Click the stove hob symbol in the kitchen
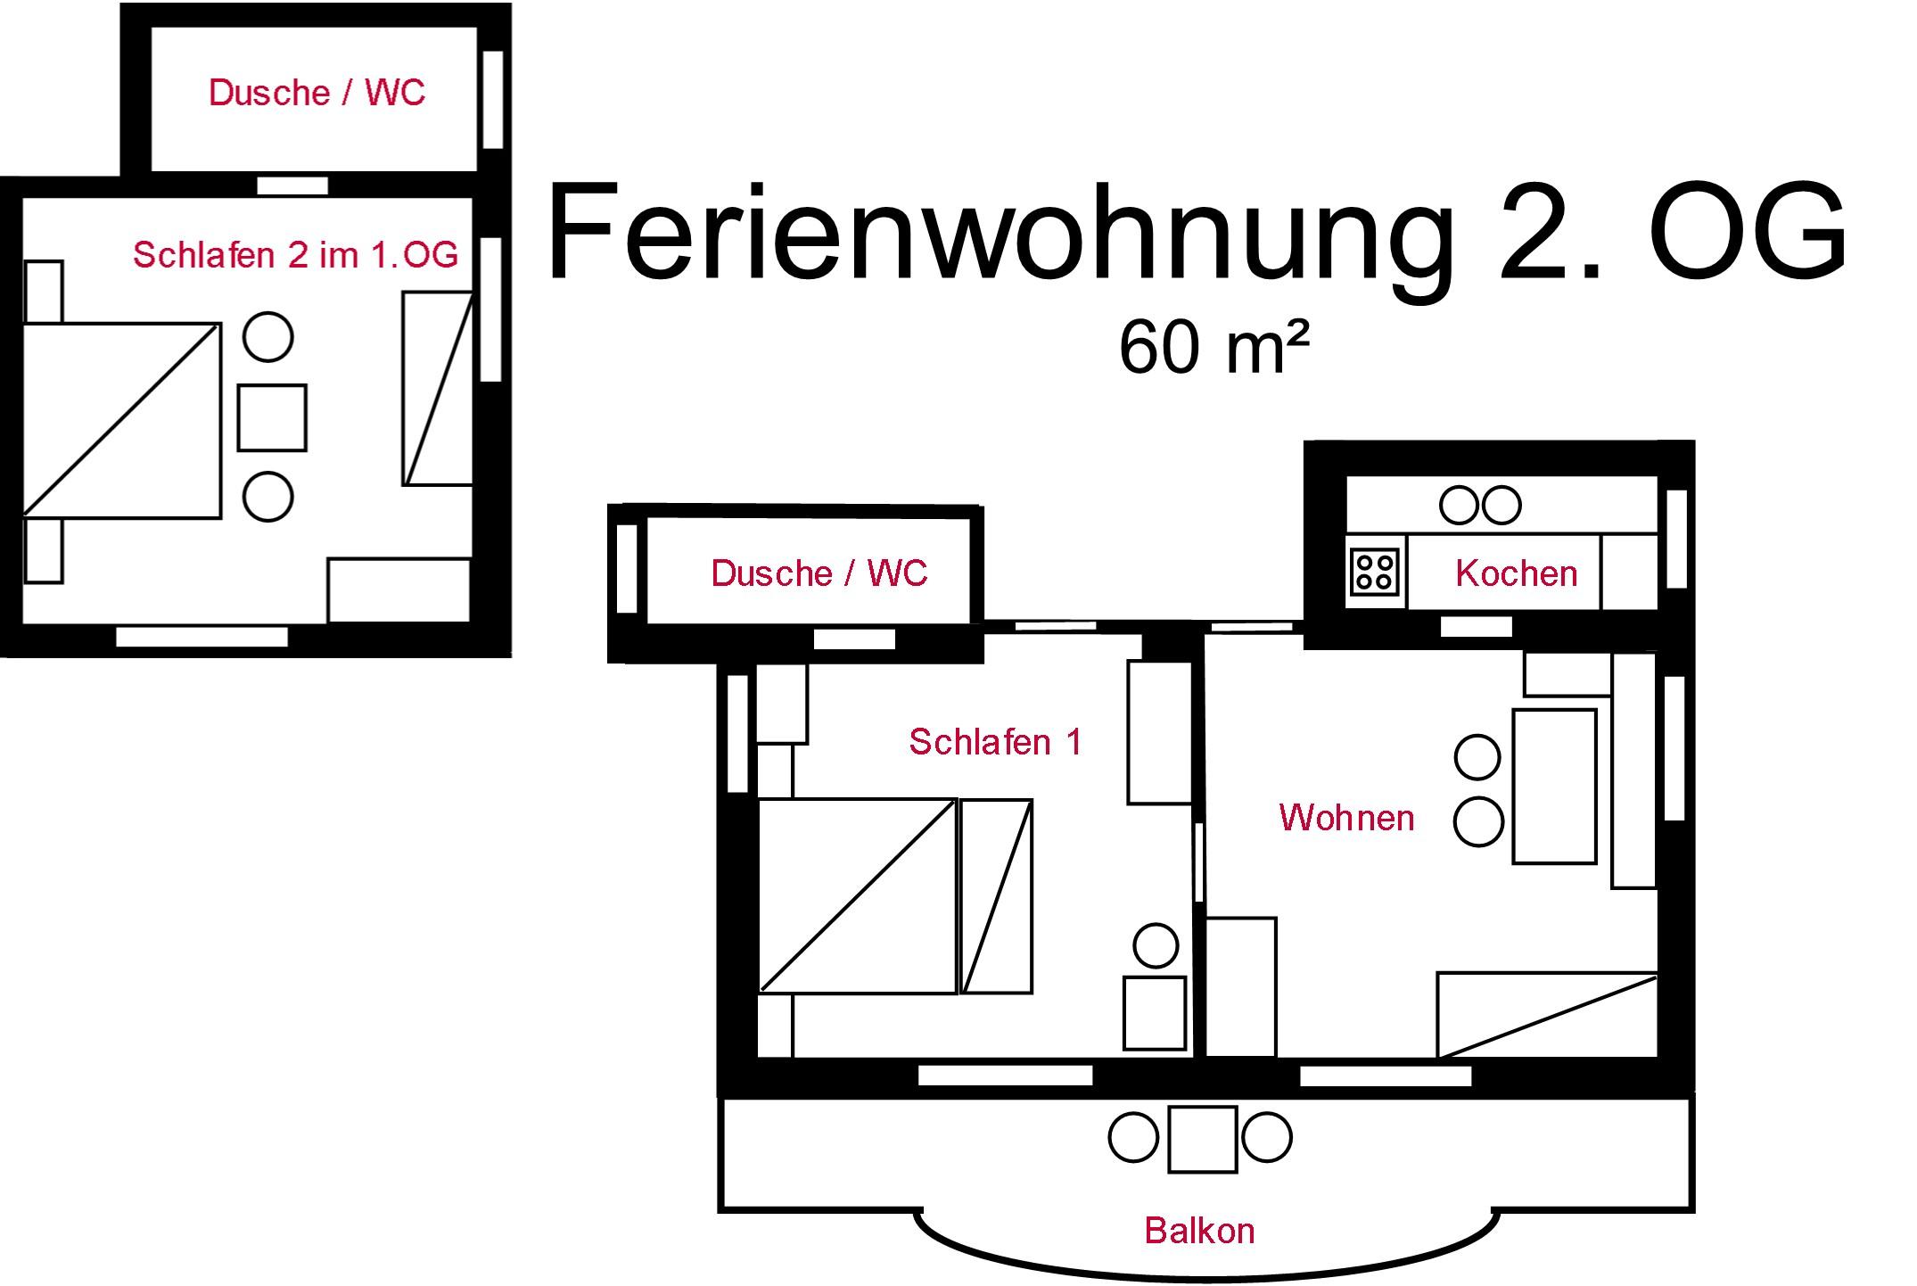tap(1374, 572)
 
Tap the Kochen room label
tap(1516, 573)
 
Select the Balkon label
tap(1199, 1231)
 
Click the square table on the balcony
tap(1202, 1139)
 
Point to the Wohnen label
tap(1346, 817)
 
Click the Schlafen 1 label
tap(995, 741)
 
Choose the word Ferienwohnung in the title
tap(999, 232)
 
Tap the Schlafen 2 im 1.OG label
tap(295, 255)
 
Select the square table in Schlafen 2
tap(272, 417)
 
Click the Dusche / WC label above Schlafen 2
tap(317, 93)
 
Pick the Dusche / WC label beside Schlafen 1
tap(819, 573)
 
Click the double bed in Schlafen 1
tap(857, 895)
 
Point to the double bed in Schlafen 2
tap(121, 420)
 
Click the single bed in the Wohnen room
tap(1546, 1015)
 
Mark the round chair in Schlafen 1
tap(1156, 945)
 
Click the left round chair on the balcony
tap(1133, 1138)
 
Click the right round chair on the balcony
tap(1267, 1138)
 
